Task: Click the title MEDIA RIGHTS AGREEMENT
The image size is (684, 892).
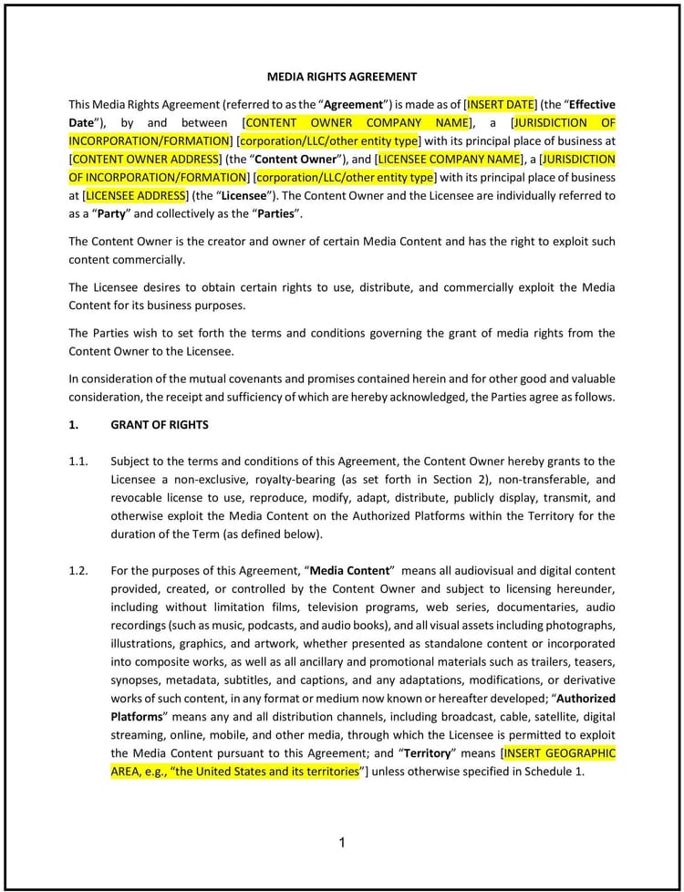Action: tap(342, 78)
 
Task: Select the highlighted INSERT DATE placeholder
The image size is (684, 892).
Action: tap(501, 104)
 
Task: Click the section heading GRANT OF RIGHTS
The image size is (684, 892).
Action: tap(160, 424)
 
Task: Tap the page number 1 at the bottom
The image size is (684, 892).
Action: tap(342, 843)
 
